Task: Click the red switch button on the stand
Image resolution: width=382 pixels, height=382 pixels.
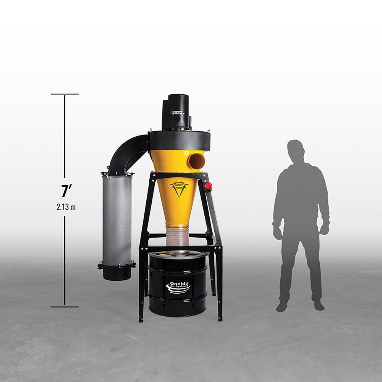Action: point(208,186)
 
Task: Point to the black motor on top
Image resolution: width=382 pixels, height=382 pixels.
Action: point(176,112)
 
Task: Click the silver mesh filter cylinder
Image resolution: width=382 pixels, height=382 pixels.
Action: point(117,220)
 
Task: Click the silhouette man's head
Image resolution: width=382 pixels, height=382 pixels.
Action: point(296,150)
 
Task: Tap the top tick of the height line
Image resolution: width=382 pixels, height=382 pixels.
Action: point(65,94)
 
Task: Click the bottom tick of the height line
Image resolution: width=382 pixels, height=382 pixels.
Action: point(65,306)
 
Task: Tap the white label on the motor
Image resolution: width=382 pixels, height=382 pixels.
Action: point(177,113)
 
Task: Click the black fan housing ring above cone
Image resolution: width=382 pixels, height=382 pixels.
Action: point(180,140)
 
